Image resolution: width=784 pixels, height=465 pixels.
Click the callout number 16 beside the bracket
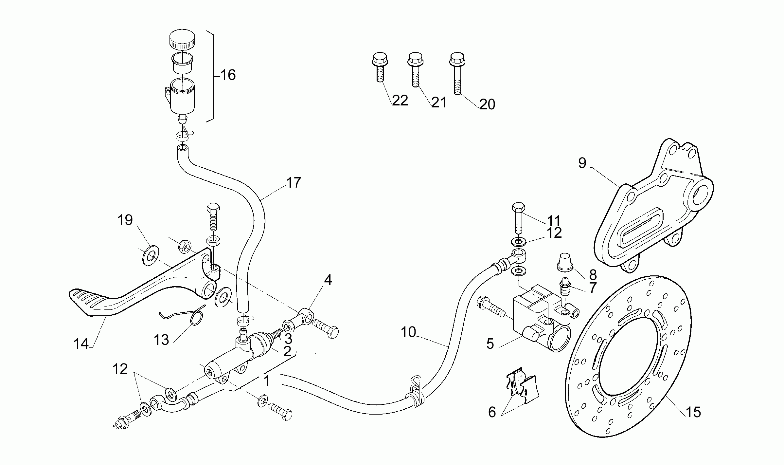228,75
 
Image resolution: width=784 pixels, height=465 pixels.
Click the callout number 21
439,102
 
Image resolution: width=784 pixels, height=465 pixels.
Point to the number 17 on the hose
293,182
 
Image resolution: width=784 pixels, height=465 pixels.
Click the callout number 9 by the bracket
582,163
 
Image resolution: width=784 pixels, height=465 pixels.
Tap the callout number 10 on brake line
408,332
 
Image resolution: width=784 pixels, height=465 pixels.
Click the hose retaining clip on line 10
417,393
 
